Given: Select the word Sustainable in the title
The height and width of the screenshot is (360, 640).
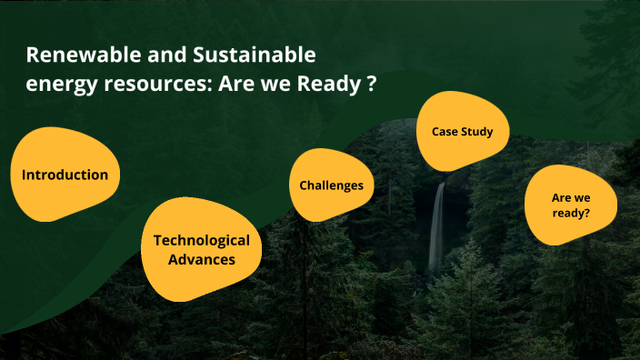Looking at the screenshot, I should pyautogui.click(x=255, y=55).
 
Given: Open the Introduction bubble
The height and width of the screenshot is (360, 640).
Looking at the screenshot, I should pyautogui.click(x=65, y=175).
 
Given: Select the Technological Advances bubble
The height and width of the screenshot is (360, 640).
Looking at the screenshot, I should pyautogui.click(x=201, y=250).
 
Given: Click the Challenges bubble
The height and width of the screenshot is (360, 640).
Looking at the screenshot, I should pyautogui.click(x=331, y=185).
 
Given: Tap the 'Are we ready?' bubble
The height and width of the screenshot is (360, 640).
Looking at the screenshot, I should pyautogui.click(x=571, y=205).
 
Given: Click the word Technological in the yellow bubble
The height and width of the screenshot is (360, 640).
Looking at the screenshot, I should pyautogui.click(x=201, y=240).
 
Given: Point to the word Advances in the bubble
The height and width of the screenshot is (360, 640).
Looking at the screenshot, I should pyautogui.click(x=201, y=260).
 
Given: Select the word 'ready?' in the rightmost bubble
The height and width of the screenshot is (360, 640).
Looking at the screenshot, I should pyautogui.click(x=571, y=215).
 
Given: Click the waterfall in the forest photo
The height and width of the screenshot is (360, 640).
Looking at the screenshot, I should pyautogui.click(x=437, y=227).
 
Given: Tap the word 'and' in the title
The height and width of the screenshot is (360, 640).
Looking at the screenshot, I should pyautogui.click(x=161, y=55).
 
